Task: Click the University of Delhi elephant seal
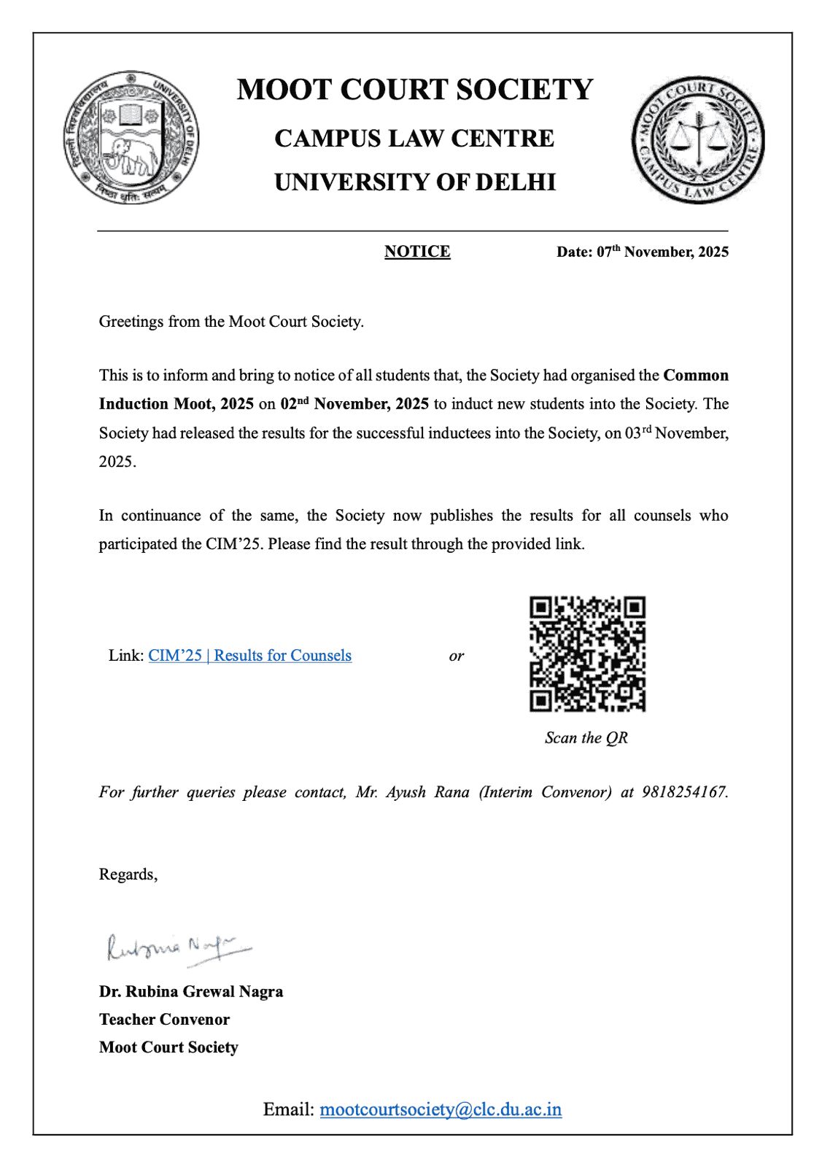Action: pos(131,137)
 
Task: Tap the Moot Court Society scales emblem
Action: pos(698,139)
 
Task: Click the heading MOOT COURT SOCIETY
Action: pos(415,90)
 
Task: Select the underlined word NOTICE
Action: pos(417,252)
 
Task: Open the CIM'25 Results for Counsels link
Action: pos(249,656)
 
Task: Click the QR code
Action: pos(587,654)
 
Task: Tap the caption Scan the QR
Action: pos(586,738)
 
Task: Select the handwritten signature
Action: pos(179,948)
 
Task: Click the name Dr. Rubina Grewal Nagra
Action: pos(191,992)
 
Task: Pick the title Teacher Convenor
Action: pos(164,1020)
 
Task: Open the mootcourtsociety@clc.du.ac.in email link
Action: pos(441,1109)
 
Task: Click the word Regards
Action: pos(127,875)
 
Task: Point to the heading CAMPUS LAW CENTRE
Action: pos(414,139)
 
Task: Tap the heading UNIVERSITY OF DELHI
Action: pos(415,182)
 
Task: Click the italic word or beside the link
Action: pos(457,656)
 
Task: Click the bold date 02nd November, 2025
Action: pos(354,404)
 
